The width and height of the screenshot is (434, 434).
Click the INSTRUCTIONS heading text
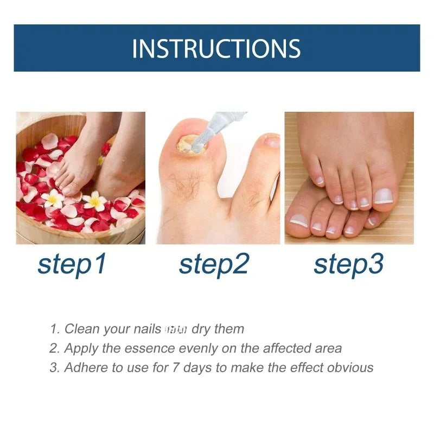click(x=216, y=48)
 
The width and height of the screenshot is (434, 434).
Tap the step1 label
click(x=72, y=264)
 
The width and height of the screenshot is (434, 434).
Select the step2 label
click(x=214, y=264)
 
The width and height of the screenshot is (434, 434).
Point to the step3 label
click(x=349, y=264)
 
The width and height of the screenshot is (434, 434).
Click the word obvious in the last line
click(x=349, y=367)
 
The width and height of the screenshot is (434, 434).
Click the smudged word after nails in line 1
click(x=176, y=329)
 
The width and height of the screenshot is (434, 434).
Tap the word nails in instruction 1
click(x=146, y=329)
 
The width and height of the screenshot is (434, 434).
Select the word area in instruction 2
click(x=327, y=349)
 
